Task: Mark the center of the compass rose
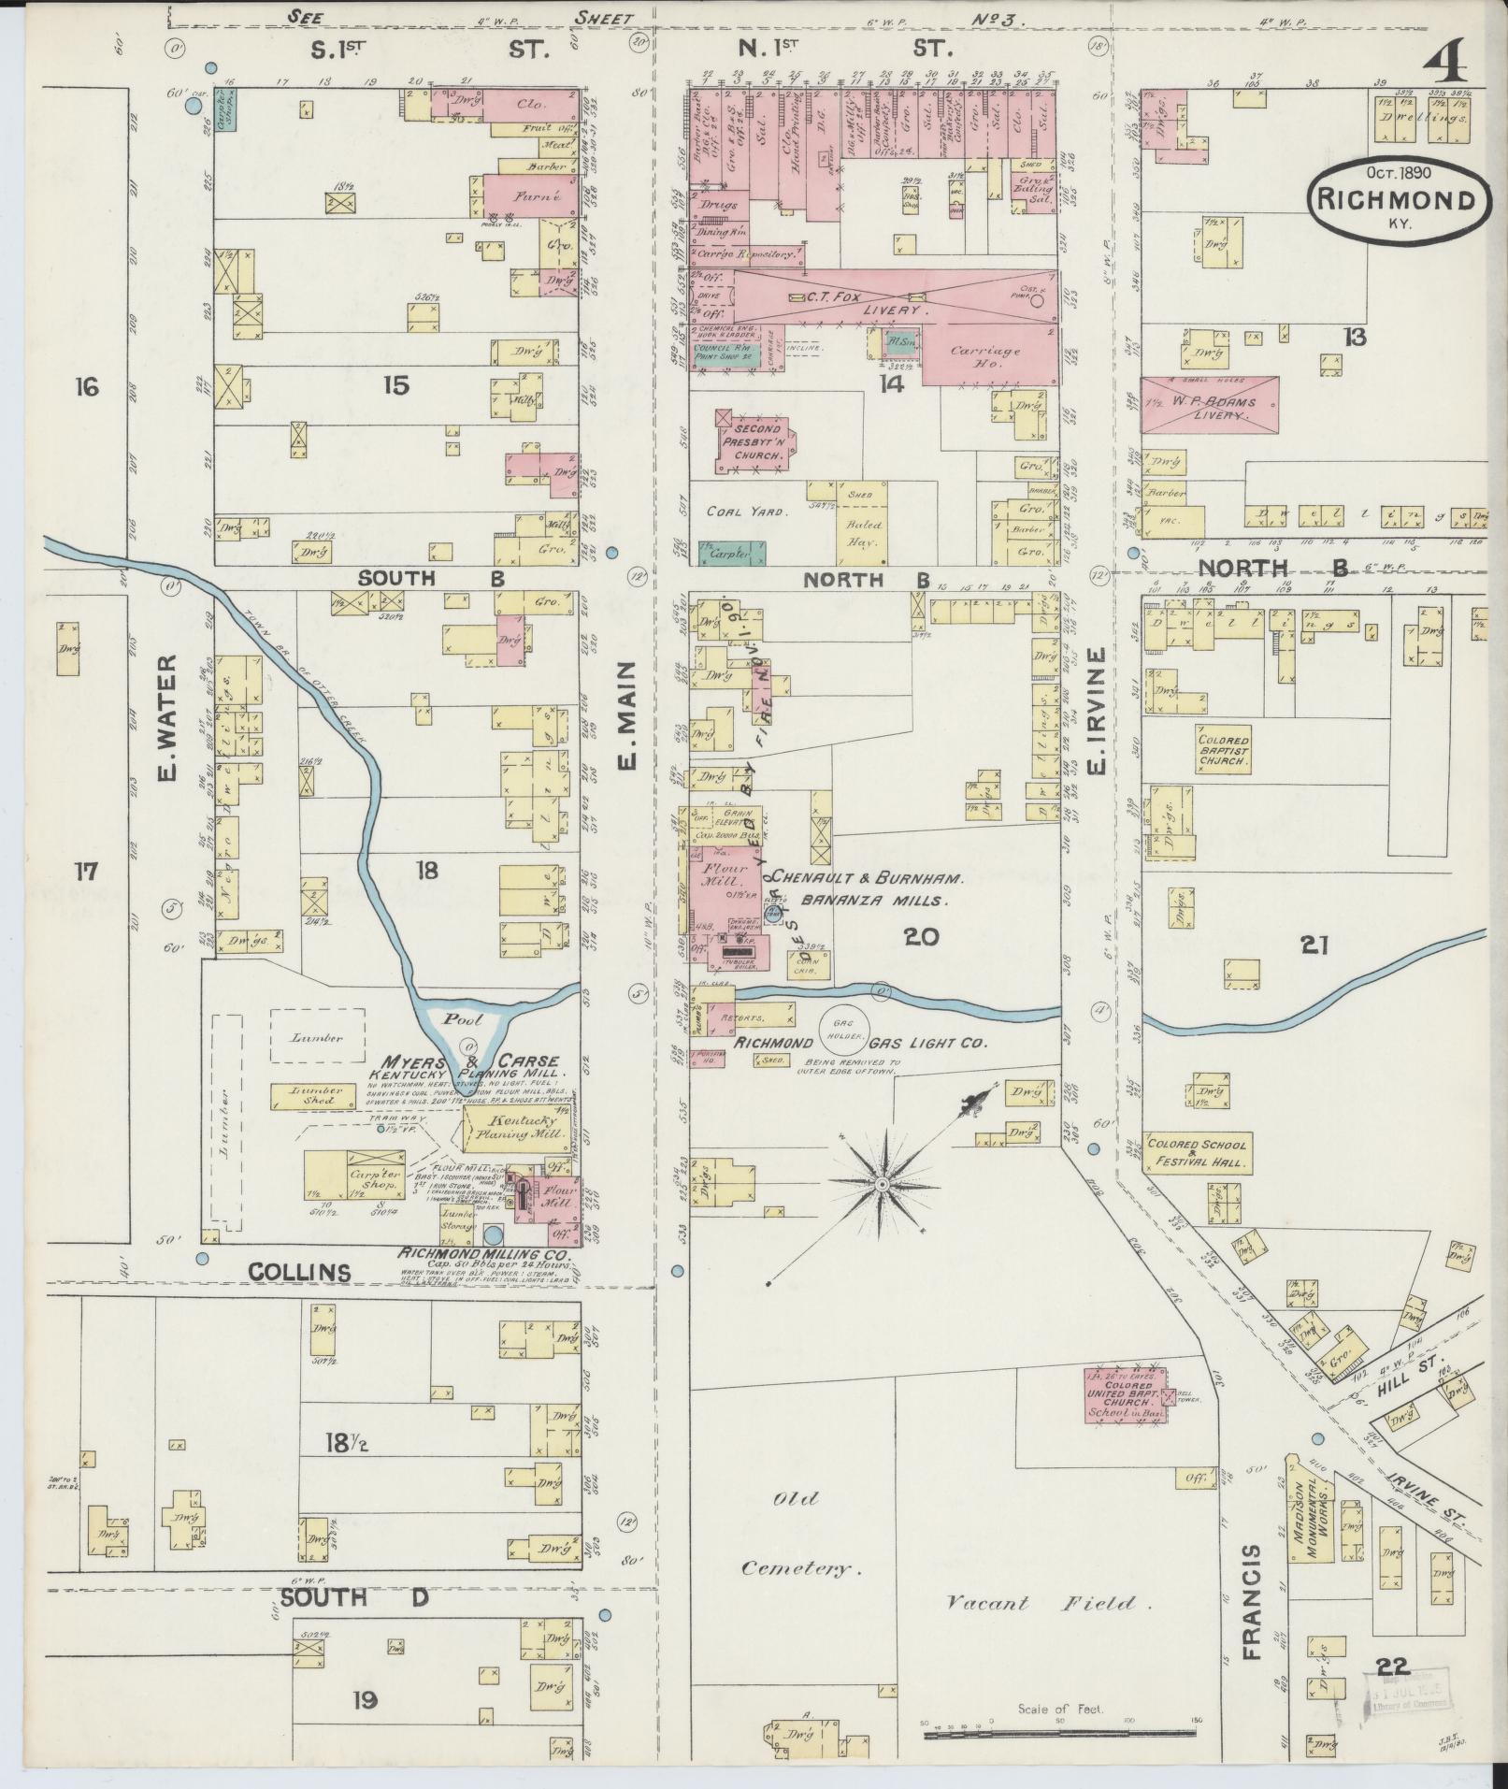click(881, 1184)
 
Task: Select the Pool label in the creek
click(463, 1019)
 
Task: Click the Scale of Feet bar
click(1060, 1734)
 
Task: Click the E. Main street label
click(626, 715)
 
